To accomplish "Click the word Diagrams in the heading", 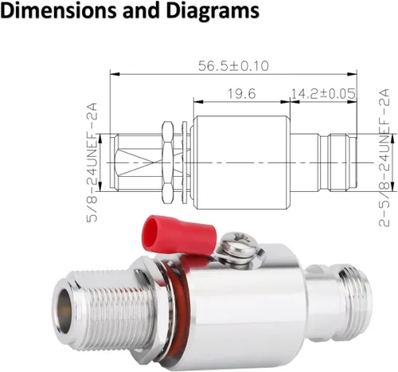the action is pos(213,10).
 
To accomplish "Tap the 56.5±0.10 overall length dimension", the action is pos(233,66).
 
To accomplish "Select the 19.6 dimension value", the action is pos(242,93).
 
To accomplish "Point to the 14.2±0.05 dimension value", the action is pos(323,93).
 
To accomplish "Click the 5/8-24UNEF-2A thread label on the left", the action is pos(92,163).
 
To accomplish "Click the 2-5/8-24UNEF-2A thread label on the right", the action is pos(384,158).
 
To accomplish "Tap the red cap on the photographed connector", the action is pos(178,231).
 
